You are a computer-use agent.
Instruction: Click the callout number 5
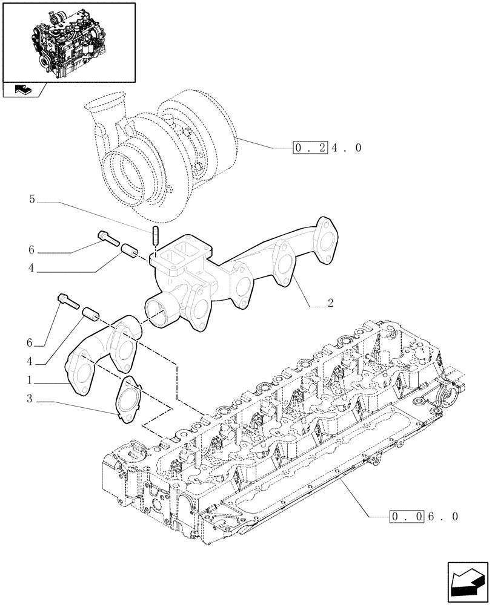32,198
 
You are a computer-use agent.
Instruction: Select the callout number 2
330,304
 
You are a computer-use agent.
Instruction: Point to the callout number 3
28,401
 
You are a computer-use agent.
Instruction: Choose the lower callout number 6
28,342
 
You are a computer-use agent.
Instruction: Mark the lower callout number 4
28,362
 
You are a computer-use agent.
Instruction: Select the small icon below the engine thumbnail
22,90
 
